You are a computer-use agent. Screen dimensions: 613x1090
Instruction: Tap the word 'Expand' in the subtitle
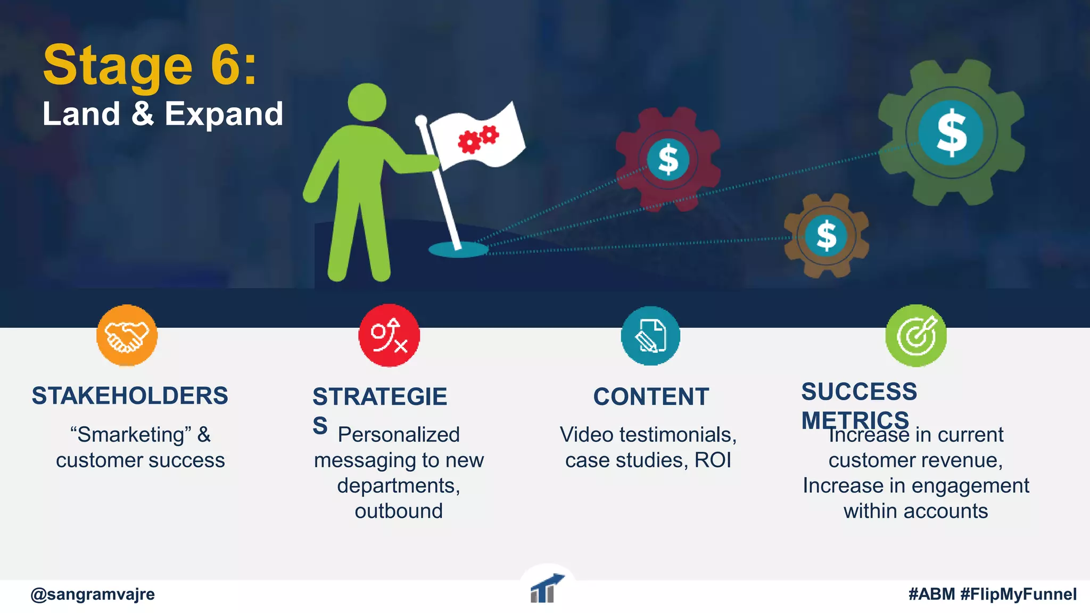point(224,114)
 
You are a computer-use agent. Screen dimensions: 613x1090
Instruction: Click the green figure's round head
point(367,102)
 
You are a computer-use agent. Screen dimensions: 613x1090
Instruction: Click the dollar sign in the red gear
point(668,160)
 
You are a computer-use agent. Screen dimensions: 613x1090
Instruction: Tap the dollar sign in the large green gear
point(951,132)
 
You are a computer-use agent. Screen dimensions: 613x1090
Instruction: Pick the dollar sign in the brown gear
point(826,235)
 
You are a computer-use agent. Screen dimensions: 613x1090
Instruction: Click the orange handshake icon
point(127,336)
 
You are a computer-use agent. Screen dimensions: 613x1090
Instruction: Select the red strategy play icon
point(389,336)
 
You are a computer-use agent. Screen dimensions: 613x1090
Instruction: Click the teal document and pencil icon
point(650,336)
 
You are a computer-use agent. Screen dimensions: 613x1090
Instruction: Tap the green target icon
point(916,336)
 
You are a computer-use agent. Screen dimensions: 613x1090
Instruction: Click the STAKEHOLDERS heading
point(130,396)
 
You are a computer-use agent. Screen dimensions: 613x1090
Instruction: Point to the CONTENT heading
point(651,397)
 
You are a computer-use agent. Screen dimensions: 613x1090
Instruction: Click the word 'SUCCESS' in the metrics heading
point(859,392)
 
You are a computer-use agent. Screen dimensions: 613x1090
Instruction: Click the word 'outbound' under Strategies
point(399,511)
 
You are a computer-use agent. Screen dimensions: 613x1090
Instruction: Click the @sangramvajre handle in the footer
point(93,594)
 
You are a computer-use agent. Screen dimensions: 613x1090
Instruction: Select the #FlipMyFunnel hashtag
point(1018,594)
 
